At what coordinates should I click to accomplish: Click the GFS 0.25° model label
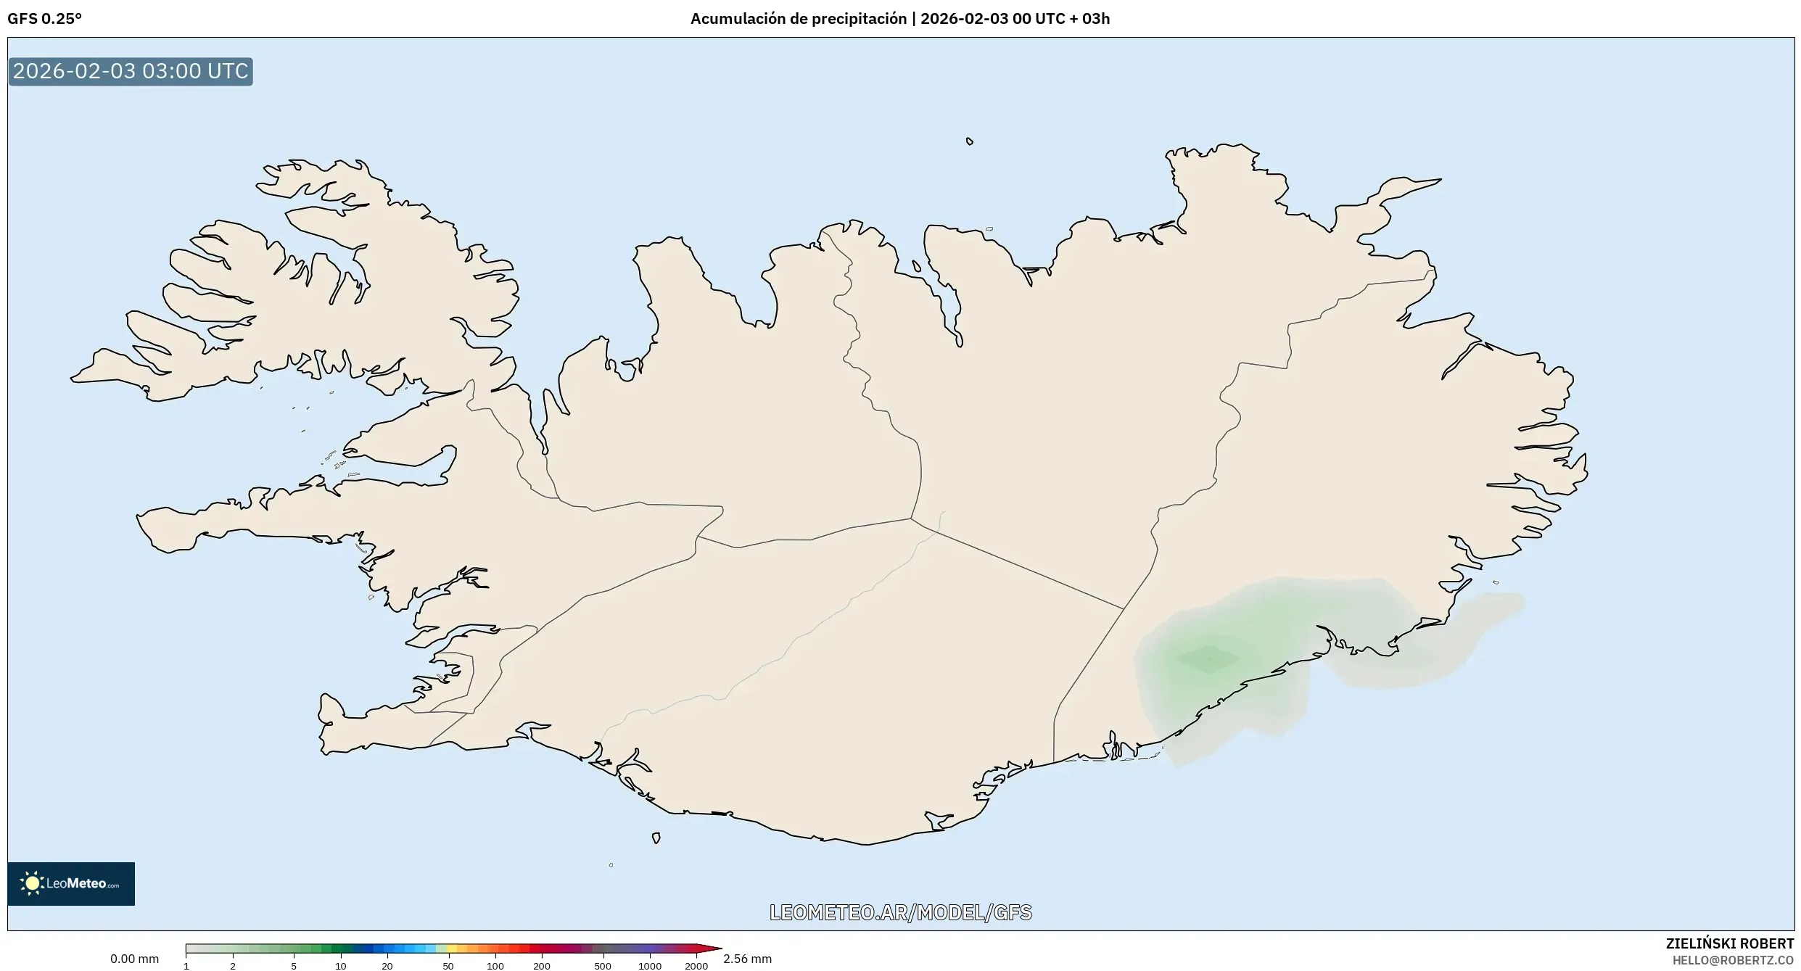44,19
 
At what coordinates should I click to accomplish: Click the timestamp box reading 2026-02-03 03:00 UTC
131,71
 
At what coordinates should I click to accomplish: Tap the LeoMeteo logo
71,883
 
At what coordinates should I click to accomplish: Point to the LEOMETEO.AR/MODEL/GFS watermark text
900,912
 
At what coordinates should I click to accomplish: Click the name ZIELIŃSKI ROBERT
1729,943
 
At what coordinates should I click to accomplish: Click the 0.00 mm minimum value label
134,959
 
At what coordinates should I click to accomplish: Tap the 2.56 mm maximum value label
747,959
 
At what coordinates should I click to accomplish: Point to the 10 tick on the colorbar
340,966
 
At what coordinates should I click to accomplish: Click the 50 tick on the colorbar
448,966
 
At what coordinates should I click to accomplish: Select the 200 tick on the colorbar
542,966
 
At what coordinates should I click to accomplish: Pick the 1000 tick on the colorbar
650,966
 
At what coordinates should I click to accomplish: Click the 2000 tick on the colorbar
696,966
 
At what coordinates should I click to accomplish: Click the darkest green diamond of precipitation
1208,659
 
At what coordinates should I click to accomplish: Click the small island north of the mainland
970,141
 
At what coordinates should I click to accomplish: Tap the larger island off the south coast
656,838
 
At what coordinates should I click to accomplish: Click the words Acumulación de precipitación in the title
798,19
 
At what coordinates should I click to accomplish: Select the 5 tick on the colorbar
294,966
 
